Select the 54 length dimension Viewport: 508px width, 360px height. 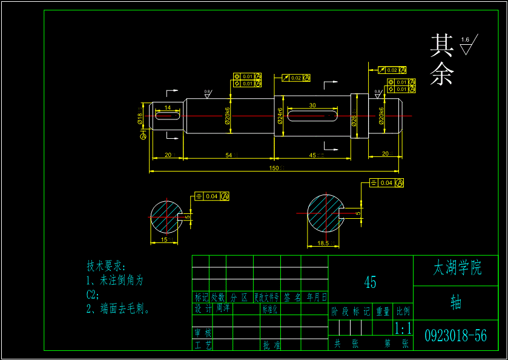tap(229, 156)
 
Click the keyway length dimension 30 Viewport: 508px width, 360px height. tap(312, 105)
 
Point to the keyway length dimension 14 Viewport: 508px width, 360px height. tap(168, 107)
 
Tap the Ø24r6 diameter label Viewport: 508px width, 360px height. tap(280, 115)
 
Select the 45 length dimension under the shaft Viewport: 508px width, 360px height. tap(312, 156)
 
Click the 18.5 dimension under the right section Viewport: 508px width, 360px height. tap(323, 243)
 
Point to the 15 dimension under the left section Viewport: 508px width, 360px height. tap(165, 240)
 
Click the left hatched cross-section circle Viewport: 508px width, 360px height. tap(166, 216)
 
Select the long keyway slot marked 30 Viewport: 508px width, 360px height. tap(312, 115)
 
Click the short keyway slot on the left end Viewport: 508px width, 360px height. tap(168, 116)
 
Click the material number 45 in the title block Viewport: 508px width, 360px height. tap(370, 282)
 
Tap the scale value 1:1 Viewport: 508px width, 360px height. tap(403, 329)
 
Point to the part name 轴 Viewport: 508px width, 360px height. tap(455, 302)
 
